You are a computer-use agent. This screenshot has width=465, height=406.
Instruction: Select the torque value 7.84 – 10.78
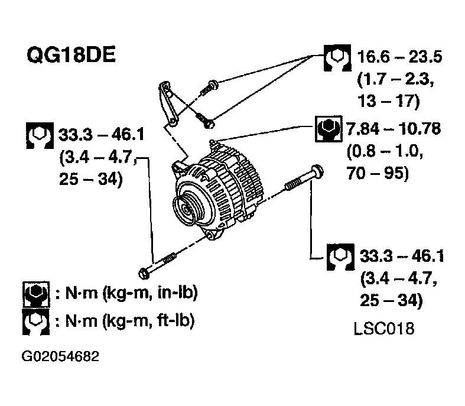pyautogui.click(x=395, y=128)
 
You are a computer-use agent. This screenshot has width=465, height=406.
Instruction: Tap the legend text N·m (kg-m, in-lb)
pyautogui.click(x=125, y=293)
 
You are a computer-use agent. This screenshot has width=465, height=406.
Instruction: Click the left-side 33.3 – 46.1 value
pyautogui.click(x=101, y=136)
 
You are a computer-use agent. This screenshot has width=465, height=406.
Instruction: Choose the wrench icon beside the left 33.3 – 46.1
pyautogui.click(x=40, y=135)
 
